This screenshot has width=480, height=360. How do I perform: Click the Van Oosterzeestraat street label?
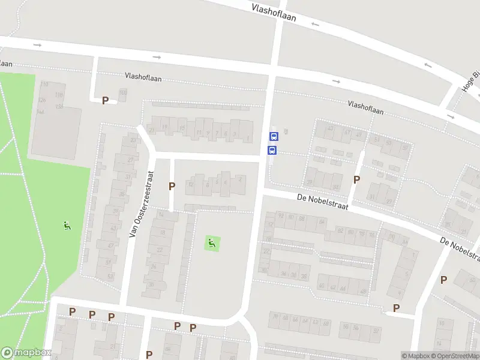[142, 203]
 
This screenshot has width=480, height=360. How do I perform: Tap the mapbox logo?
[26, 353]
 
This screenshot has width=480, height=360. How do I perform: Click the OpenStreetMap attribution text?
[458, 356]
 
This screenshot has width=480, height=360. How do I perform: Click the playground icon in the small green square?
[211, 244]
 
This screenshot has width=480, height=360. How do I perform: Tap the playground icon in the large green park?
[67, 226]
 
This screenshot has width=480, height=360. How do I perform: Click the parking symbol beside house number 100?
[105, 100]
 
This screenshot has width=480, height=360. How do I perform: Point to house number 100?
[123, 92]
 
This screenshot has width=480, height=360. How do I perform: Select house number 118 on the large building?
[59, 95]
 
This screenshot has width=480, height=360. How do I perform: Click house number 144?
[41, 112]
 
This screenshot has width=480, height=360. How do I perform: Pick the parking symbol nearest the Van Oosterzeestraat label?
[172, 186]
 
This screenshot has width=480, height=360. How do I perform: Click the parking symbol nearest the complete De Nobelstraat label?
[357, 179]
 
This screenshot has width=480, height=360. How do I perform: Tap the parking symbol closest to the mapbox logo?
[73, 312]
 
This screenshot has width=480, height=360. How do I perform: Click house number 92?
[281, 217]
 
